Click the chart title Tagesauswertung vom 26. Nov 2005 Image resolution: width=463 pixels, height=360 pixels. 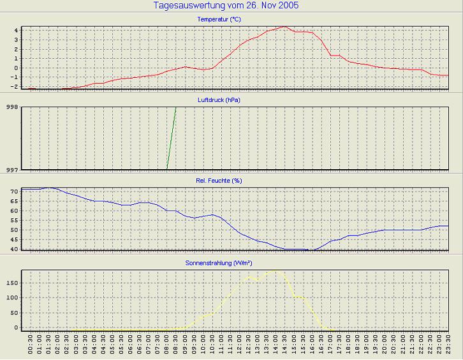226,6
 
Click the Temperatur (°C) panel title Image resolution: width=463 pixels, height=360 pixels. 219,20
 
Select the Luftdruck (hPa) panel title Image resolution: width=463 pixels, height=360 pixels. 219,100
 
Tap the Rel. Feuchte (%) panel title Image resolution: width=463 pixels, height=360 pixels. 219,181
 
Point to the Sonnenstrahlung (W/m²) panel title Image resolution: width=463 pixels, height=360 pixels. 219,262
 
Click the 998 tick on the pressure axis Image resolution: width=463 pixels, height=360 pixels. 12,107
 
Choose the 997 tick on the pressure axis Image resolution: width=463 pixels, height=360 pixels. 12,169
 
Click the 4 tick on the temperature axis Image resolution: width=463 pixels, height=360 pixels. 17,30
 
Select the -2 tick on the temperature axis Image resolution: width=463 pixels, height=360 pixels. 15,86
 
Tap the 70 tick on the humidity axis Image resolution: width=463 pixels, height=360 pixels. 14,191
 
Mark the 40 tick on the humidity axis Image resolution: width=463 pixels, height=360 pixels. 14,249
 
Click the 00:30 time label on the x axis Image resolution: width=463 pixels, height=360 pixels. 31,347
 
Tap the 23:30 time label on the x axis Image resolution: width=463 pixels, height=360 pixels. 449,347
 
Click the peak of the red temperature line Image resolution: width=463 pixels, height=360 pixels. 285,27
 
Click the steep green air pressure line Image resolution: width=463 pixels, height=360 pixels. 172,138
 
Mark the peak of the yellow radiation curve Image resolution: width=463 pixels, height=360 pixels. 276,271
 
